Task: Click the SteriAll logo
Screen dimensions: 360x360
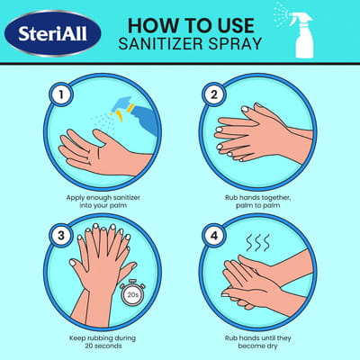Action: pyautogui.click(x=53, y=33)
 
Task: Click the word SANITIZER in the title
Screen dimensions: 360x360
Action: pyautogui.click(x=160, y=44)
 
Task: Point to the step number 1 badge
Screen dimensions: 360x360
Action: pyautogui.click(x=61, y=95)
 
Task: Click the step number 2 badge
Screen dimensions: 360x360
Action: pyautogui.click(x=213, y=95)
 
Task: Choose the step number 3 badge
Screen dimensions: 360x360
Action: pyautogui.click(x=61, y=236)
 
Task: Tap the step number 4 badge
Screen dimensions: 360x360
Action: pyautogui.click(x=213, y=236)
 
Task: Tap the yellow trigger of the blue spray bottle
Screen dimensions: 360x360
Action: pyautogui.click(x=120, y=116)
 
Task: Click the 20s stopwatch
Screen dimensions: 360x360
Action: pyautogui.click(x=132, y=292)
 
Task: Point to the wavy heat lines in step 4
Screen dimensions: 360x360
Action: pyautogui.click(x=258, y=243)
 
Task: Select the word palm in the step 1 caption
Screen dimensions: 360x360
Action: pyautogui.click(x=120, y=206)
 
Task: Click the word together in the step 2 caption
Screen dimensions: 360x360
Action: pyautogui.click(x=275, y=198)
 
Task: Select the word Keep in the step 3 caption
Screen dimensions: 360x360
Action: pyautogui.click(x=76, y=338)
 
